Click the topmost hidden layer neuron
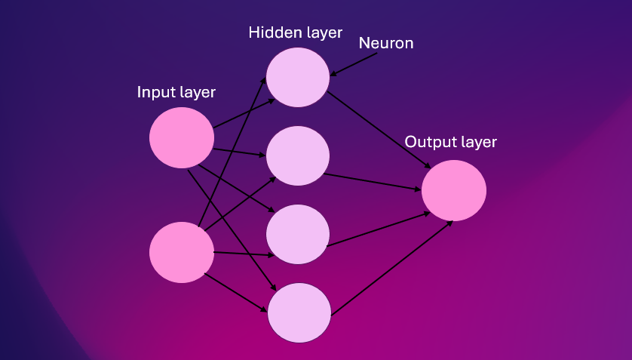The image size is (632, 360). tap(298, 77)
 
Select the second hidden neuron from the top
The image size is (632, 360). tap(298, 155)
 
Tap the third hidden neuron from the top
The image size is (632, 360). tap(298, 234)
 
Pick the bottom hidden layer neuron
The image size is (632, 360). tap(299, 312)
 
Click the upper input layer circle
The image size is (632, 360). tap(182, 137)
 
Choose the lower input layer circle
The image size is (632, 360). tap(182, 252)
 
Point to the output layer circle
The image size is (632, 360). tap(454, 189)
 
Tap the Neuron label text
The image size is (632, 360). tap(386, 43)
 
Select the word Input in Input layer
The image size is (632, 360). tap(154, 93)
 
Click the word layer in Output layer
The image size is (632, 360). tap(478, 142)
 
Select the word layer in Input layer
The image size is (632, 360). tap(198, 93)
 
